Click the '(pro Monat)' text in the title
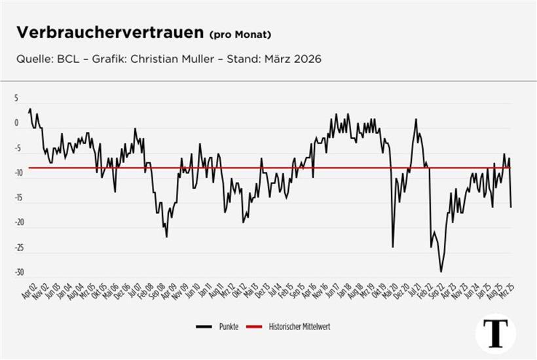tap(240, 34)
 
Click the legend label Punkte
tap(229, 326)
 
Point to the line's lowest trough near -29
tap(441, 272)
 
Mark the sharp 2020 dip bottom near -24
tap(393, 247)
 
